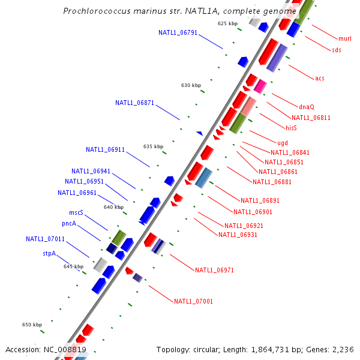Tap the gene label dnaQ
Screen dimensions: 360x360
click(307, 107)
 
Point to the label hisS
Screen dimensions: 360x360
click(291, 128)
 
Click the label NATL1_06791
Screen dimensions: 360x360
click(178, 32)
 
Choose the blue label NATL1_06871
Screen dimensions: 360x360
click(135, 103)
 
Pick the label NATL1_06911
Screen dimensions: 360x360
click(105, 149)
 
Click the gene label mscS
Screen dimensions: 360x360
click(76, 212)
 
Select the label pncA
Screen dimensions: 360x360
click(69, 223)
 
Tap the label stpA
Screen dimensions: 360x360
click(49, 254)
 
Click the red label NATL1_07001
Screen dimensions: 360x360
click(193, 301)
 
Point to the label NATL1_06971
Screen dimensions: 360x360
click(214, 270)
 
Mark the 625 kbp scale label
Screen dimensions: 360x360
click(227, 23)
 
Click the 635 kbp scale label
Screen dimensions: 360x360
click(153, 146)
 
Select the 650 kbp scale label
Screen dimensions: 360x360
click(32, 325)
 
